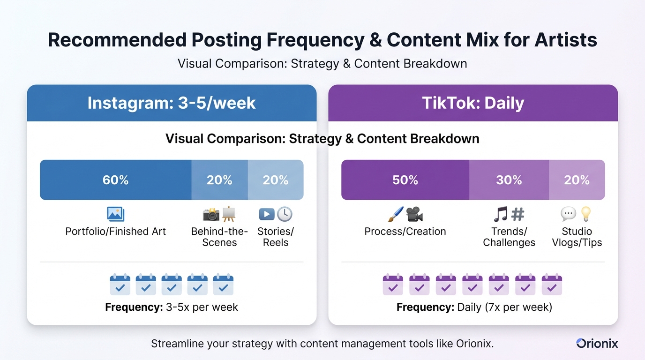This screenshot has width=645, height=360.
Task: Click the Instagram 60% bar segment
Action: [x=115, y=180]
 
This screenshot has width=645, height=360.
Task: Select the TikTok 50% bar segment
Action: [x=405, y=180]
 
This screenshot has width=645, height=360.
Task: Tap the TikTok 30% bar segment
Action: [x=509, y=180]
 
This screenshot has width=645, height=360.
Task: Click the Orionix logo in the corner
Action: [x=597, y=344]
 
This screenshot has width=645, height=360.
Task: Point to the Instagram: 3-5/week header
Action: [x=172, y=103]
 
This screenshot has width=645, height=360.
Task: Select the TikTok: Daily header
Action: [x=473, y=103]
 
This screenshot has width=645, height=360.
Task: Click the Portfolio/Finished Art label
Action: [x=115, y=232]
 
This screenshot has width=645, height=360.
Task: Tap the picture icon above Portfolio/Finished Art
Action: [x=115, y=214]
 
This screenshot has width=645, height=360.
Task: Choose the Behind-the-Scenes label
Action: [x=219, y=237]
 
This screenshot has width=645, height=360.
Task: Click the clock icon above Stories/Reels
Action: [x=285, y=214]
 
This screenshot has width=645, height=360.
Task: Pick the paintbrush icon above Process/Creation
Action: [x=395, y=214]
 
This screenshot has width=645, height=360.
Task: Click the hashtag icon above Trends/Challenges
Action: [x=517, y=214]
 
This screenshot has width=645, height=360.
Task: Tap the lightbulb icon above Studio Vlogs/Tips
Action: [x=586, y=214]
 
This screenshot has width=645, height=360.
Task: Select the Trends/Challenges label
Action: [x=509, y=237]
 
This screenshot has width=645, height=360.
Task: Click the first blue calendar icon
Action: [x=120, y=285]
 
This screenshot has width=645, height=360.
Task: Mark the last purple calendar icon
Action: [x=552, y=285]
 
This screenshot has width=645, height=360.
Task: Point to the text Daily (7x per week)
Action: [x=505, y=307]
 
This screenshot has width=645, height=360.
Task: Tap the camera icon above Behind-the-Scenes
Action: [x=211, y=214]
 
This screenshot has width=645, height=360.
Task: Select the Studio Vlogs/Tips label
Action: [x=577, y=237]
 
